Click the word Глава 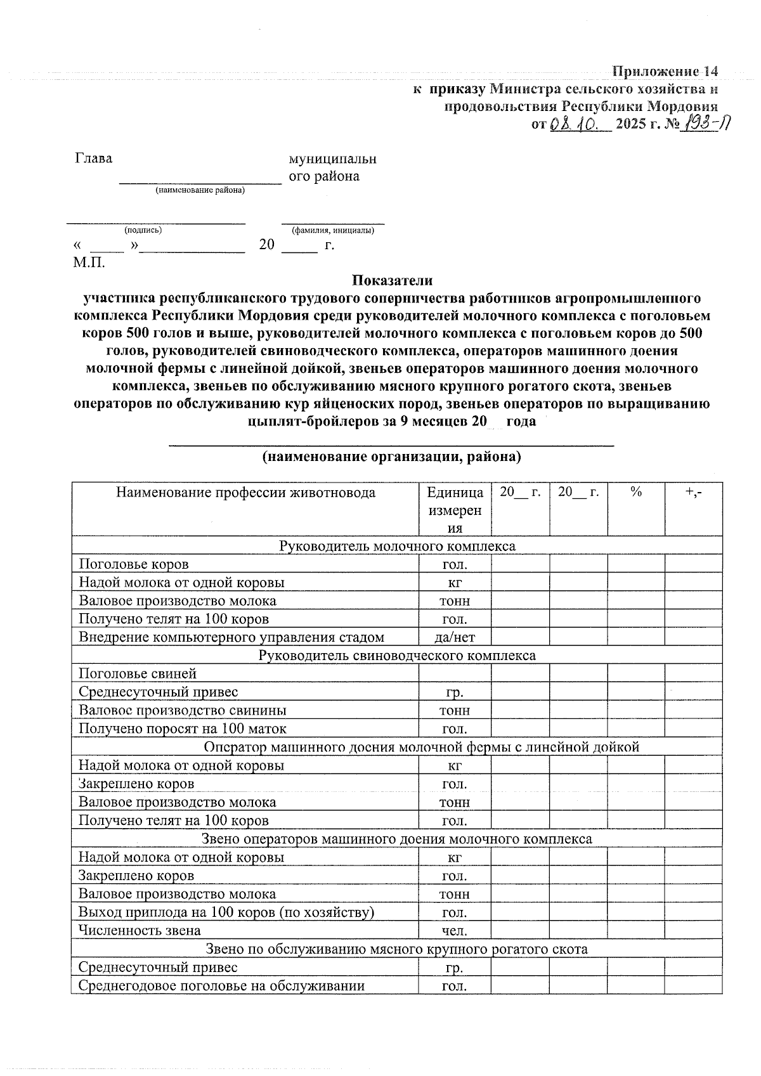93,159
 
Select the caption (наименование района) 200,190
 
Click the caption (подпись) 143,230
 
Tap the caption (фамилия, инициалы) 332,230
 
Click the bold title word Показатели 393,280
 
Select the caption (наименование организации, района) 391,457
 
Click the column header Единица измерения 455,510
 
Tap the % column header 636,493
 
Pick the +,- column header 694,493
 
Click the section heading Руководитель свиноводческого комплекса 397,656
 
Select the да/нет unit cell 455,637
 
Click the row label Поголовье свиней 138,673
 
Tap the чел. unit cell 455,931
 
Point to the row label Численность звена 140,931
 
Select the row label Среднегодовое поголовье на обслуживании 221,986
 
